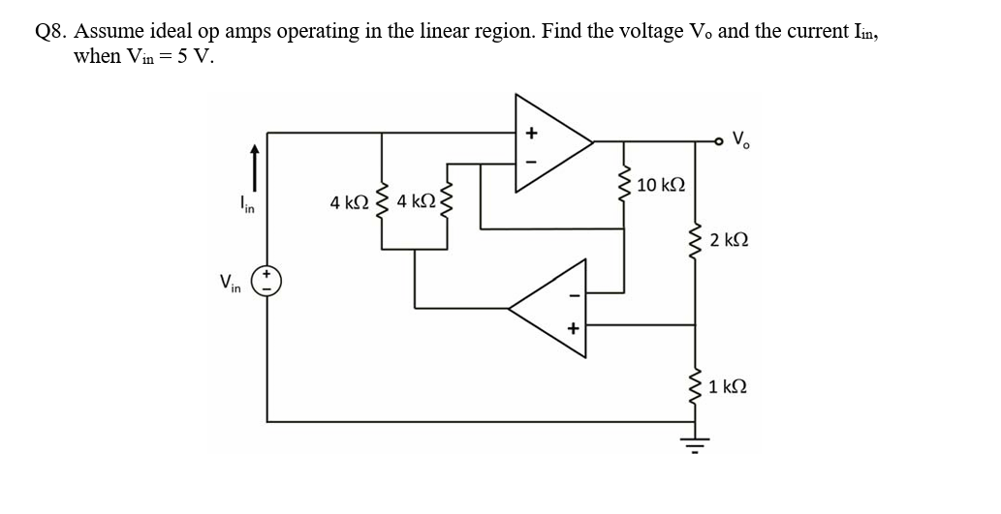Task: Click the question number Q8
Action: click(x=50, y=31)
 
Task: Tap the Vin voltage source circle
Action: click(x=267, y=282)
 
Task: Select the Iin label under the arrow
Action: click(x=247, y=204)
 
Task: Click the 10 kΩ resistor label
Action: click(x=663, y=185)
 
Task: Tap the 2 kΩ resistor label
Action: click(x=729, y=240)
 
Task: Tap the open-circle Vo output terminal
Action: click(x=720, y=141)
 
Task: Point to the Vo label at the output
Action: click(x=743, y=140)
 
